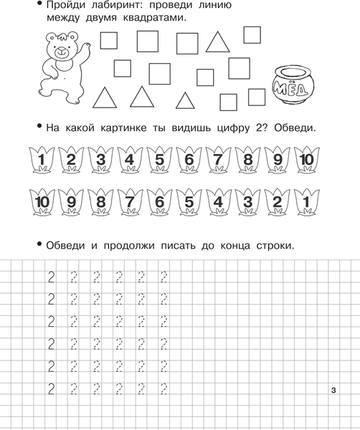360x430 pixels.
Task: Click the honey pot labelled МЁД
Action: point(293,85)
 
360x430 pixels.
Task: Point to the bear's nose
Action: point(61,50)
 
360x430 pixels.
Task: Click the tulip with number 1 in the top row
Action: point(42,160)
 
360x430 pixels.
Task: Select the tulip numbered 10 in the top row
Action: point(306,160)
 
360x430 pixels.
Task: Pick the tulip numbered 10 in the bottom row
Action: point(42,202)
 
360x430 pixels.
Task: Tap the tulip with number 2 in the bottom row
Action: point(277,202)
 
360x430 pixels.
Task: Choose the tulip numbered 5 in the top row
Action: point(159,160)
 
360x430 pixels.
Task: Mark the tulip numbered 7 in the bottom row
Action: point(130,202)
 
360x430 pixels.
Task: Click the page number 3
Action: point(333,390)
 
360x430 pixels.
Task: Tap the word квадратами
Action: point(154,18)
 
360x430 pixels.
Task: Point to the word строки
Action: point(275,246)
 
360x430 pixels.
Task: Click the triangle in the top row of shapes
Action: point(217,42)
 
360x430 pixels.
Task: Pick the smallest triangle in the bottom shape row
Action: point(185,100)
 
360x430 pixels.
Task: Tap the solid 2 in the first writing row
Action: point(51,277)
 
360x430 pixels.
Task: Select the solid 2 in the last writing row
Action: point(51,389)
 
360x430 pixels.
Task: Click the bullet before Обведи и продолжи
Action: point(39,244)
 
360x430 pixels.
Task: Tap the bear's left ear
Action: point(50,37)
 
